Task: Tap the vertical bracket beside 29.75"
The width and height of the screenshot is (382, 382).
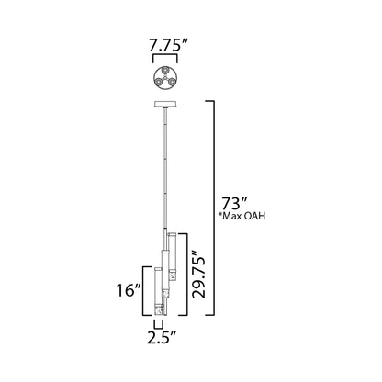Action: (x=186, y=273)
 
